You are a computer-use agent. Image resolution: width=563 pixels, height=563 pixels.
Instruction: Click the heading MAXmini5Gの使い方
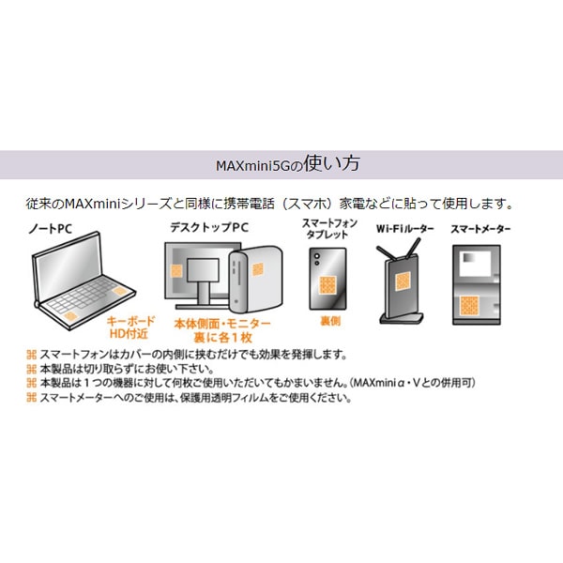(x=288, y=164)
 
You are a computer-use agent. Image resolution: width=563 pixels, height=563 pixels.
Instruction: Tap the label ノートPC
(x=51, y=228)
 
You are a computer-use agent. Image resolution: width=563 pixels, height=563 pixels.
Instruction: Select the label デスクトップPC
(x=209, y=227)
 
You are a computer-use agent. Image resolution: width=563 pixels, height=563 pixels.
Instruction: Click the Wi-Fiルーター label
(x=405, y=228)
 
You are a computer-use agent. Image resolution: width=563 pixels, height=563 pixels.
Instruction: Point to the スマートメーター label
(x=480, y=229)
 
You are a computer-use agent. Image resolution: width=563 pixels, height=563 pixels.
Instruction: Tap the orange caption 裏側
(x=330, y=321)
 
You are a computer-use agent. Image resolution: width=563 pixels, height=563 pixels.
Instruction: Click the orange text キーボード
(x=130, y=321)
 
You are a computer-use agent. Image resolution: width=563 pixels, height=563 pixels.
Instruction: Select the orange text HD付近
(x=129, y=334)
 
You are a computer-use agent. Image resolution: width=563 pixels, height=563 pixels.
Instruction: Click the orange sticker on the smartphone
(x=327, y=285)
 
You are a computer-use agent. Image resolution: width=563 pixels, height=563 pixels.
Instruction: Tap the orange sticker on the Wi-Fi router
(x=403, y=281)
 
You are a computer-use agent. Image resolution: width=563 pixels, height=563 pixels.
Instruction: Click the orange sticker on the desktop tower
(x=258, y=269)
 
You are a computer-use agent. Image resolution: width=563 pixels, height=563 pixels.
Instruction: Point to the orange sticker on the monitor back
(x=176, y=271)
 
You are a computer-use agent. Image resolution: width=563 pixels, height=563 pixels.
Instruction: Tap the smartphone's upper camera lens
(x=317, y=256)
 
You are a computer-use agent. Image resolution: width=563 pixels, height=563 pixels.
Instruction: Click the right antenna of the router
(x=415, y=248)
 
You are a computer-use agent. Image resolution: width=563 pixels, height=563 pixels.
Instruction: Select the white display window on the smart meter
(x=475, y=264)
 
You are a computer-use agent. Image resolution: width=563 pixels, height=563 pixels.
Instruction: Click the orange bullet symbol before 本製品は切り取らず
(x=32, y=369)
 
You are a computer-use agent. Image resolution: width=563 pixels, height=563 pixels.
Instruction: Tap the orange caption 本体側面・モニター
(x=222, y=324)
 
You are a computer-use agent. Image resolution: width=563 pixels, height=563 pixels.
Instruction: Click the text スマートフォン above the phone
(x=329, y=223)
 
